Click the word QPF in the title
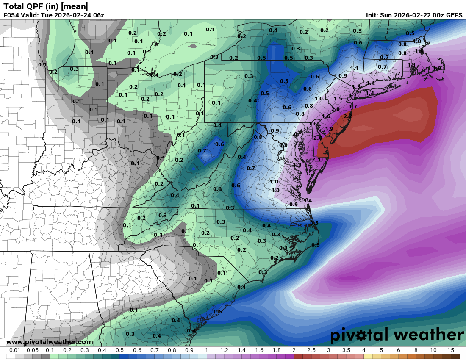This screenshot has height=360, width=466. click(x=32, y=6)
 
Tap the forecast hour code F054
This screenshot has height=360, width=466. click(x=11, y=15)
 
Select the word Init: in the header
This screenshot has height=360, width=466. click(x=374, y=15)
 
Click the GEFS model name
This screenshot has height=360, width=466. click(x=454, y=15)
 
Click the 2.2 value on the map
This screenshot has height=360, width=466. click(x=348, y=116)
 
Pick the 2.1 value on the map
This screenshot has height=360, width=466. click(x=316, y=159)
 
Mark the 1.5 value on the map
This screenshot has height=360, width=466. click(x=338, y=99)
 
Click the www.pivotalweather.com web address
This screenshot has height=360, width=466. click(x=50, y=342)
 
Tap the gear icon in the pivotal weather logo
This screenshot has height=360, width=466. click(x=361, y=335)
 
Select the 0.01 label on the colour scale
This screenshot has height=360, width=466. click(x=15, y=350)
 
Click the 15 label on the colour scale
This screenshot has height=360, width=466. click(x=450, y=350)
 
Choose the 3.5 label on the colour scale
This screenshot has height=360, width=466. click(x=346, y=350)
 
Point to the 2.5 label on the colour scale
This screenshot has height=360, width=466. click(x=311, y=350)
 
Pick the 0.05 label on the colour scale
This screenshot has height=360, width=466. click(x=32, y=350)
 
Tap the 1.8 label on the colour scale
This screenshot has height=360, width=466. click(x=276, y=350)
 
